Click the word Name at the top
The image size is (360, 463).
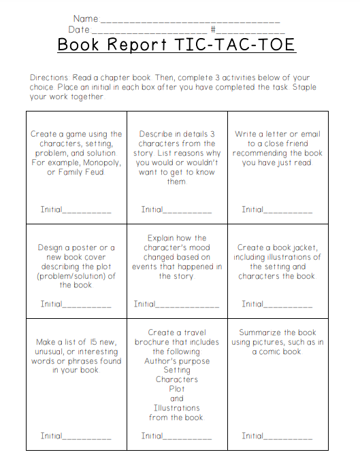tap(85, 18)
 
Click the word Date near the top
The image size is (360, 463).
tap(79, 30)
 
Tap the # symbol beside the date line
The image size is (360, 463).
tap(213, 30)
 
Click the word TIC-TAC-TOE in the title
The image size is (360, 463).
tap(235, 45)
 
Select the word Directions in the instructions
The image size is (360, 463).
tap(51, 78)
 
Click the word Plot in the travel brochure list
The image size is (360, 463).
tap(177, 390)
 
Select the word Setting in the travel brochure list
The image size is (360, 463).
tap(177, 371)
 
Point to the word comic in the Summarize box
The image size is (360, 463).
tap(267, 351)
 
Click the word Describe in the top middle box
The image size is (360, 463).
tap(157, 135)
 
